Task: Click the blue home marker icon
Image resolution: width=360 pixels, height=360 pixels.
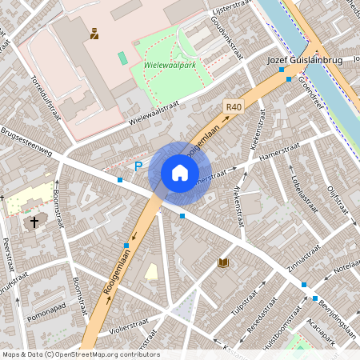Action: coord(180,172)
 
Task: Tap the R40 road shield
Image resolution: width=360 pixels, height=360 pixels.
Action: coord(233,106)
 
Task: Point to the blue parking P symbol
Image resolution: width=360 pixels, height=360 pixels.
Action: coord(138,166)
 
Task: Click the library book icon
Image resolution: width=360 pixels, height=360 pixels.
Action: coord(223,262)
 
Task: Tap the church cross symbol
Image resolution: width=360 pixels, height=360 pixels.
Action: coord(34,222)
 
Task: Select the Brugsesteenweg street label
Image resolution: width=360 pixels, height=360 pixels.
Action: coord(28,141)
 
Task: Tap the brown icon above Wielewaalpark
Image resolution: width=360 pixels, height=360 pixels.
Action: coord(94,33)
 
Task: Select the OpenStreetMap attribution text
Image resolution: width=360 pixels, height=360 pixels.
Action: coord(80,354)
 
